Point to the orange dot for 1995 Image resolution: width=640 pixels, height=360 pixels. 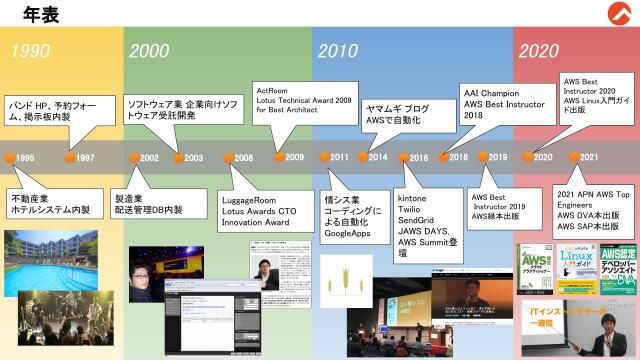pos(10,158)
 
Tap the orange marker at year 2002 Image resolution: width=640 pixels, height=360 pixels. pos(135,158)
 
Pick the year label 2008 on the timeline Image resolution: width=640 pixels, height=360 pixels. pos(243,158)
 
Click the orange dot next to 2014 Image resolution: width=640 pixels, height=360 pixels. pos(363,157)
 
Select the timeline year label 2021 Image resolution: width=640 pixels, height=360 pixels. pos(589,157)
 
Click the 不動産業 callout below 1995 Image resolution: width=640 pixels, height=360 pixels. pos(50,203)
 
